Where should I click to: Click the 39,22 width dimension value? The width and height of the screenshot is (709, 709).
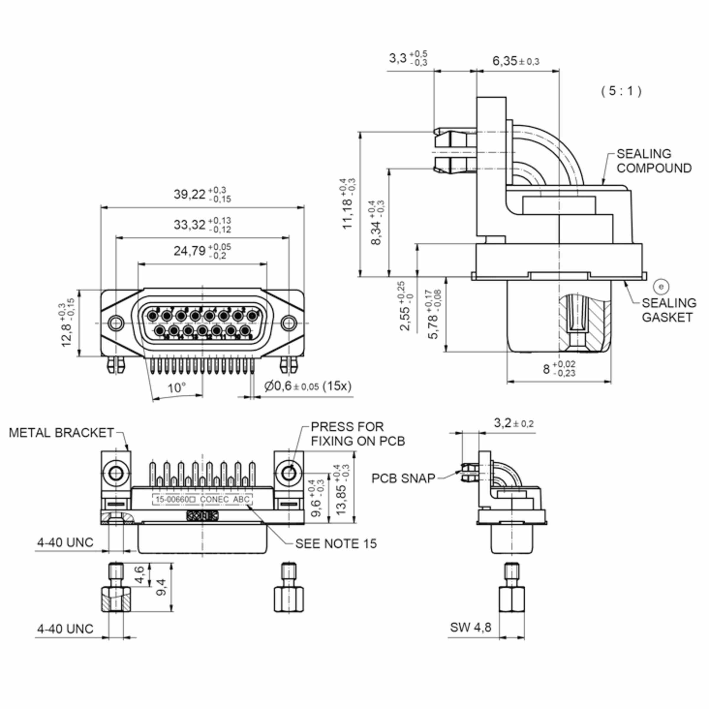tap(190, 194)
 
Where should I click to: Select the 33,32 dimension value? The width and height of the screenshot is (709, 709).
tap(190, 225)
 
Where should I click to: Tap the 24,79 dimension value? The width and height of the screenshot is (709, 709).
tap(190, 251)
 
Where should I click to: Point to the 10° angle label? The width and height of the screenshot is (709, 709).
tap(177, 388)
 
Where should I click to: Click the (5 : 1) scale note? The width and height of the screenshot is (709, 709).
tap(621, 91)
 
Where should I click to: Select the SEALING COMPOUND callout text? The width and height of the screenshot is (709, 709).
tap(653, 161)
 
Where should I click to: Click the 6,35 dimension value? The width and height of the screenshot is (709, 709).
tap(505, 61)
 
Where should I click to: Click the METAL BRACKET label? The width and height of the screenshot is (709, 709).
tap(61, 433)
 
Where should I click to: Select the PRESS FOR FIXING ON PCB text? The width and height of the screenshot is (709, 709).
tap(357, 434)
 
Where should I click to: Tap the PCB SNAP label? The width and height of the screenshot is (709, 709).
tap(403, 479)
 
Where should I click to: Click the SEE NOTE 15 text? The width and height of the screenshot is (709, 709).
tap(336, 544)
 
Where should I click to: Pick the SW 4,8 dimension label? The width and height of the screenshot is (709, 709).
tap(471, 627)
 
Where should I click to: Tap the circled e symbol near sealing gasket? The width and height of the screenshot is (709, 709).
tap(661, 287)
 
